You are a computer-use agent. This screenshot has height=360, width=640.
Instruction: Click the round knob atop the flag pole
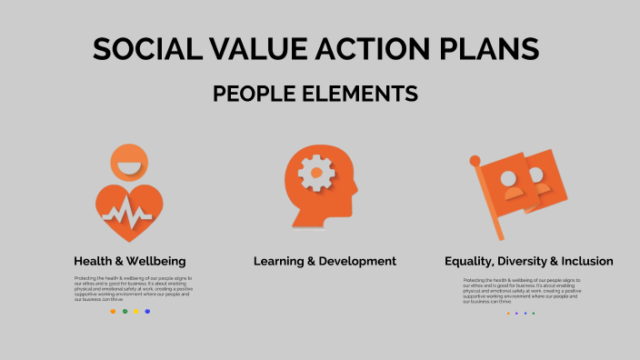(x=475, y=161)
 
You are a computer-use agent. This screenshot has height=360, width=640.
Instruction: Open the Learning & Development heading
(x=325, y=261)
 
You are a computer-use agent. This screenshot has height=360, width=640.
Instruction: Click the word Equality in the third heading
(x=471, y=261)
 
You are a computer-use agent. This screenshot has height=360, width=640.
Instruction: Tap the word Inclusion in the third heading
(x=585, y=261)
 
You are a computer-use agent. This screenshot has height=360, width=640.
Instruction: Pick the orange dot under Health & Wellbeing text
(x=113, y=311)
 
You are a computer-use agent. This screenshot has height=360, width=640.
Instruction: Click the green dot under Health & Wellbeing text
(x=125, y=311)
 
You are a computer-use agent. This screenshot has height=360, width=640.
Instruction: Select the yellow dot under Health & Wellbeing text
(x=136, y=311)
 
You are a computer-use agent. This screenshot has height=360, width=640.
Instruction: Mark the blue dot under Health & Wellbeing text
(x=147, y=311)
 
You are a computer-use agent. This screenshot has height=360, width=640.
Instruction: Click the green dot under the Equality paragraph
(x=534, y=313)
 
